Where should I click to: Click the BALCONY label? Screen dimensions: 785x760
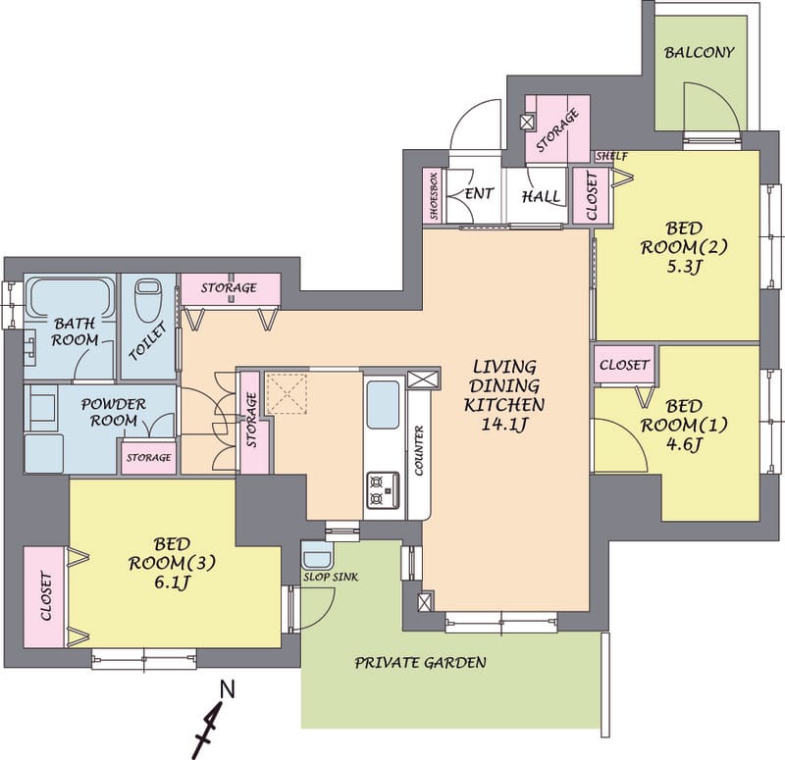point(699,52)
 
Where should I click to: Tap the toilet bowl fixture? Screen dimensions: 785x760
point(148,300)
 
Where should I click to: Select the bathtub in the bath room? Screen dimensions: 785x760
point(70,296)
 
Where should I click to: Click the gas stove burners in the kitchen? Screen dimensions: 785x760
point(383,489)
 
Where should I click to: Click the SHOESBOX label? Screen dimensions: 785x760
point(434,195)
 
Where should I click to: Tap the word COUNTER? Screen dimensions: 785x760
point(419,450)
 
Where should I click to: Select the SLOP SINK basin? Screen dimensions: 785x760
point(317,555)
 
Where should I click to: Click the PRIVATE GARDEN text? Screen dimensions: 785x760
point(421,663)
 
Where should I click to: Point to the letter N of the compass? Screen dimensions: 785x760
point(228,690)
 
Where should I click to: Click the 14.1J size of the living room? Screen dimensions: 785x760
point(504,425)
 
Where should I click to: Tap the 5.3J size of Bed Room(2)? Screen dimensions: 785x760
point(683,267)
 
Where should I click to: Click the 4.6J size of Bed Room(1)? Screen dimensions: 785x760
point(684,444)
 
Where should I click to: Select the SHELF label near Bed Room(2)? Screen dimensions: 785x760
point(611,156)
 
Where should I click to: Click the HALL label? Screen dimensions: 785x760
point(542,196)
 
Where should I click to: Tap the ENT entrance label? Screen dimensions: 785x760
point(479,193)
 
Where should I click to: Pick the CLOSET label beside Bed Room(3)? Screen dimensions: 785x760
point(45,596)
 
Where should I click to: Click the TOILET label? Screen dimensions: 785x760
point(148,341)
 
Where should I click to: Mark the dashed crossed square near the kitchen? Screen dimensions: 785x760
point(286,393)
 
